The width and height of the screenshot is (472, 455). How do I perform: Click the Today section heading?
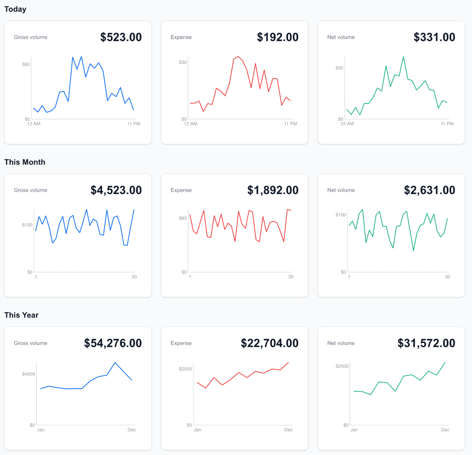tap(15, 9)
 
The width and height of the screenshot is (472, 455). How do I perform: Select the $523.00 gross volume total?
tap(121, 37)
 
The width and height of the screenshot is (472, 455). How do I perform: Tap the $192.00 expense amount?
tap(277, 37)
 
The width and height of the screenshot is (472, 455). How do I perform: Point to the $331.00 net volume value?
tap(434, 37)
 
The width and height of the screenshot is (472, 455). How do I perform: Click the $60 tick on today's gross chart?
tap(26, 64)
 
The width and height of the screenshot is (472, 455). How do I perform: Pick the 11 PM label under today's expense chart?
tap(290, 124)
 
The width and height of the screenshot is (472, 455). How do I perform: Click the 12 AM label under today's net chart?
tap(347, 124)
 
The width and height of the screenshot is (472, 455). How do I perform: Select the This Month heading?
tap(25, 162)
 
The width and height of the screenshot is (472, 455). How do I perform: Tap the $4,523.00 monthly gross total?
tap(116, 190)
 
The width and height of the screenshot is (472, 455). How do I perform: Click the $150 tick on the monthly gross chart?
tap(27, 225)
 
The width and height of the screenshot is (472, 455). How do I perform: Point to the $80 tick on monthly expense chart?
tap(182, 218)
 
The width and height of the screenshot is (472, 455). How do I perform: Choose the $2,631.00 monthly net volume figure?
tap(429, 190)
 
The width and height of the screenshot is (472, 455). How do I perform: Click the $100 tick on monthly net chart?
tap(340, 215)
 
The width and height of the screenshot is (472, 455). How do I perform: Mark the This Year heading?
tap(21, 315)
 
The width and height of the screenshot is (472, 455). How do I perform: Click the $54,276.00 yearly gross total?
tap(113, 343)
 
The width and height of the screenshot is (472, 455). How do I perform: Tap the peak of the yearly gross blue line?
tap(115, 362)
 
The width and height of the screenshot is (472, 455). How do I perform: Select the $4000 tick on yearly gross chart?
tap(28, 374)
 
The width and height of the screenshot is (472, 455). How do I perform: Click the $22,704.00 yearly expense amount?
tap(270, 343)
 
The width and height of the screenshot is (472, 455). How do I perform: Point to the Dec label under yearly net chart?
tap(445, 430)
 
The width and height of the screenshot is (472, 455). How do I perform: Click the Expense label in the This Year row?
tap(181, 343)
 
